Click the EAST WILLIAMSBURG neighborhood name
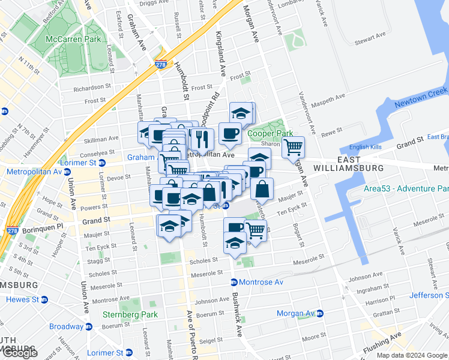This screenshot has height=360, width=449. click(348, 164)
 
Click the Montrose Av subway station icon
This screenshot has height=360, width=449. click(234, 282)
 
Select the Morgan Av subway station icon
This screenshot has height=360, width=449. click(319, 313)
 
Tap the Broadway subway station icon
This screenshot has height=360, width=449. click(89, 326)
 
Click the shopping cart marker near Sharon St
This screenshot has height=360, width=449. click(293, 146)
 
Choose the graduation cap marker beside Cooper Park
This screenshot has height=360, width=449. click(241, 112)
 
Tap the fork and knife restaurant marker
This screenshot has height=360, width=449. click(202, 139)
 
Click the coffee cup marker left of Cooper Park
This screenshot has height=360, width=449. click(229, 133)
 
